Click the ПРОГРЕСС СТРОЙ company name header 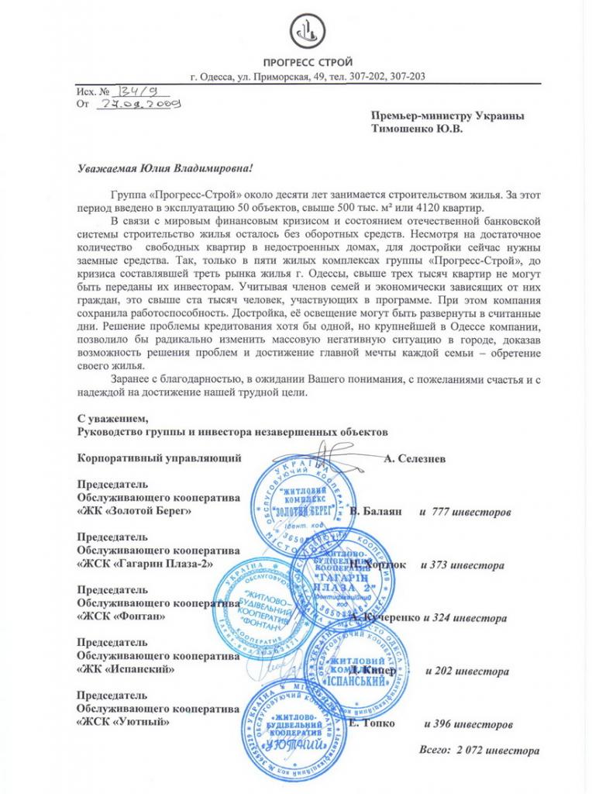click(x=308, y=62)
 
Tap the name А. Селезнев click(x=414, y=458)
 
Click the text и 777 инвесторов click(x=464, y=513)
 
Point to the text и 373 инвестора click(x=462, y=565)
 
